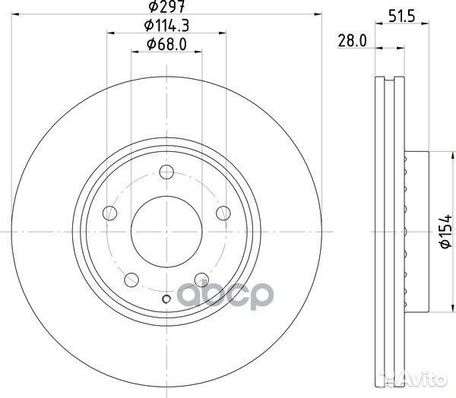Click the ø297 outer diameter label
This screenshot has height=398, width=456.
tap(163, 8)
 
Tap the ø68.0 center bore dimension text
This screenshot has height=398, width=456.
tap(166, 43)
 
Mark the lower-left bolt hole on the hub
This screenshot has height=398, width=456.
tap(131, 278)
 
